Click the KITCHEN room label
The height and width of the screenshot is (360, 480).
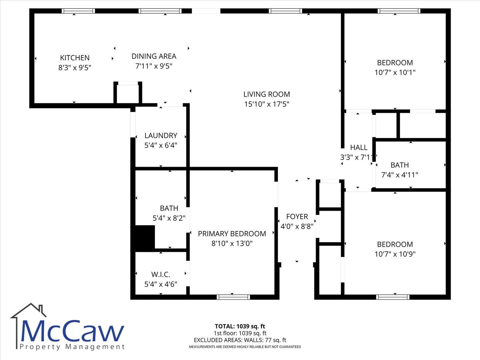click(x=75, y=58)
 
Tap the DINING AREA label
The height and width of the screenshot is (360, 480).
click(x=154, y=56)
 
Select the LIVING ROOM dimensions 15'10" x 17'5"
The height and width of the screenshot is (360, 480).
click(x=267, y=104)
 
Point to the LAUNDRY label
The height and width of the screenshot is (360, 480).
click(x=161, y=136)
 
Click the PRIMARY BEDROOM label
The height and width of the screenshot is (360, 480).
click(x=232, y=234)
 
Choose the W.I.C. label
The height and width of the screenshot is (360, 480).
click(x=161, y=274)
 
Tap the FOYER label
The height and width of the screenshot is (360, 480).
click(x=297, y=217)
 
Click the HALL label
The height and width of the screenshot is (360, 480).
click(x=359, y=148)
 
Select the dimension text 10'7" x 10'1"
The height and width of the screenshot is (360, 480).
click(x=395, y=72)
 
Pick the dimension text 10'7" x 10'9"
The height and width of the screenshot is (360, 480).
click(x=395, y=254)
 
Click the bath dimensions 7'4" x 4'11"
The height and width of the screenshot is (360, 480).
click(x=400, y=175)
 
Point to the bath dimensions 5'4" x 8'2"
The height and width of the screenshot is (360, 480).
click(x=169, y=218)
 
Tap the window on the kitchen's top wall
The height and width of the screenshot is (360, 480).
click(x=78, y=11)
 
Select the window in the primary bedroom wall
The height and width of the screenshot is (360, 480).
click(x=233, y=297)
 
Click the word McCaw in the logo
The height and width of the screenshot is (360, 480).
click(x=72, y=331)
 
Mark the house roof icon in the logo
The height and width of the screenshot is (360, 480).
click(x=28, y=310)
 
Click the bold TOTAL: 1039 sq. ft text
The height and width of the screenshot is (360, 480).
click(x=240, y=326)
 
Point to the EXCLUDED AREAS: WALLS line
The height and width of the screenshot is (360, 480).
click(x=240, y=340)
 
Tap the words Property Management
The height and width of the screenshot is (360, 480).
click(x=72, y=347)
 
